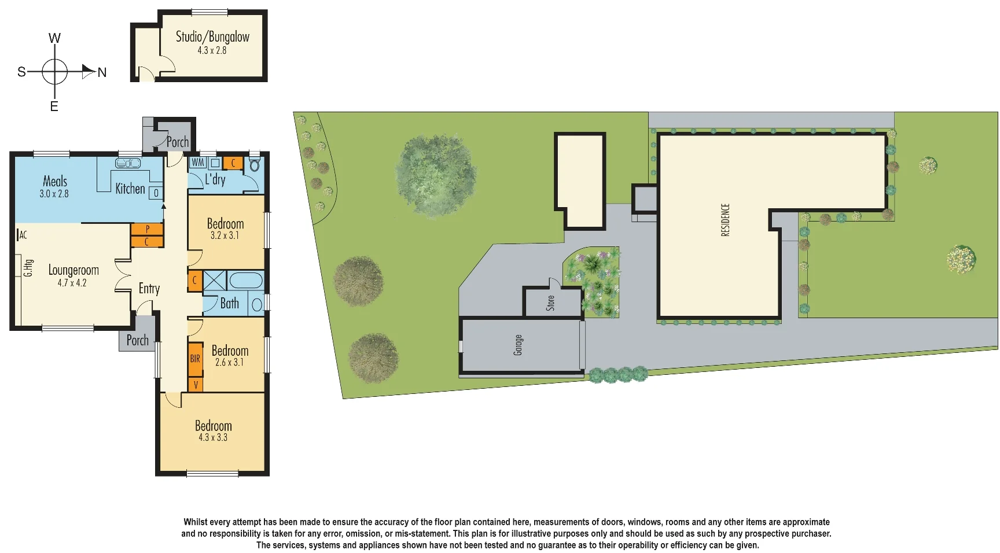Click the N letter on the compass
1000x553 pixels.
coord(102,73)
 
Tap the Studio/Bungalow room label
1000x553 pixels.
coord(212,37)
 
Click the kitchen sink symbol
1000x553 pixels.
coord(128,164)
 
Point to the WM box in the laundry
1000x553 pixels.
coord(197,163)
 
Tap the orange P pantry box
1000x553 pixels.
coord(147,229)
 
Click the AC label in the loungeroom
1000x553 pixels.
coord(23,235)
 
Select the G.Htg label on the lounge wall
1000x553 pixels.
coord(27,268)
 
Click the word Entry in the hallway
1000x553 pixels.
coord(149,289)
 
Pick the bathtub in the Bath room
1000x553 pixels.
coord(246,281)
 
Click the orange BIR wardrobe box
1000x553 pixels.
coord(195,359)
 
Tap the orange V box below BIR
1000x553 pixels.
coord(196,384)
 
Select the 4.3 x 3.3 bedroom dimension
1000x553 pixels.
coord(213,438)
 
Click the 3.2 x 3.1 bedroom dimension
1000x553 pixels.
coord(225,236)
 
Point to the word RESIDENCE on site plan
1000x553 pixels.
coord(726,220)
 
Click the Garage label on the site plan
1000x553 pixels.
coord(518,345)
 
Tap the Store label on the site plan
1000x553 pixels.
coord(550,303)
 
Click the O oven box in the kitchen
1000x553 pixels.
coord(156,193)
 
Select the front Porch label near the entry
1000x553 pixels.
coord(137,340)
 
